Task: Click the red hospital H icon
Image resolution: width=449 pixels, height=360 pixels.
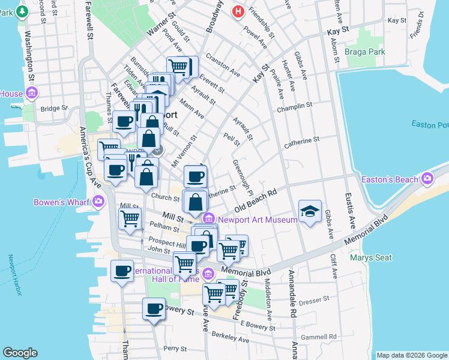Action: pyautogui.click(x=238, y=11)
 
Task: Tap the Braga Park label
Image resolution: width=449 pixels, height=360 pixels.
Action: pyautogui.click(x=365, y=52)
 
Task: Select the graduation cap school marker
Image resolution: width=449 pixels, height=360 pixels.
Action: pyautogui.click(x=310, y=211)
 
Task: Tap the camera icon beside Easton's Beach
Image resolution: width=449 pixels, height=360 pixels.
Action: pyautogui.click(x=427, y=179)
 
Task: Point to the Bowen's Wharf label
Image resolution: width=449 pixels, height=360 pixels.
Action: pyautogui.click(x=62, y=202)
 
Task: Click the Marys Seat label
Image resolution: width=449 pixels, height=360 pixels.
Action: pyautogui.click(x=372, y=258)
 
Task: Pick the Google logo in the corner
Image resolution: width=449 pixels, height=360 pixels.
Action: pyautogui.click(x=20, y=352)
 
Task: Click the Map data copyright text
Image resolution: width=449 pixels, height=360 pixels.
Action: pyautogui.click(x=412, y=355)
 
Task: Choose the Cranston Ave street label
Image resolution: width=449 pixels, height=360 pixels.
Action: pyautogui.click(x=223, y=65)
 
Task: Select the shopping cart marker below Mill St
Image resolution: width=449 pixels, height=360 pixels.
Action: pyautogui.click(x=130, y=220)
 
